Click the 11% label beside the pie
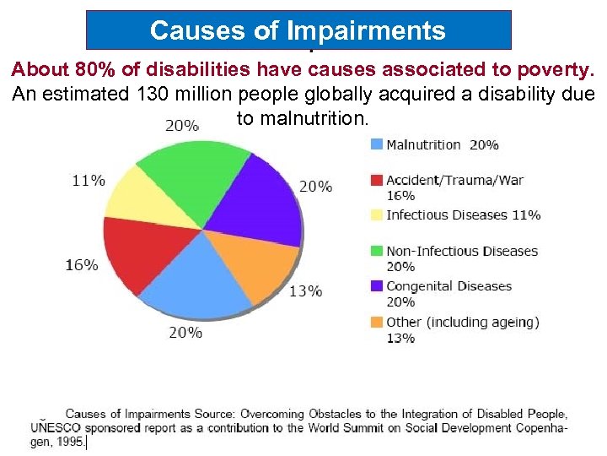(89, 180)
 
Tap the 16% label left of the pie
(81, 264)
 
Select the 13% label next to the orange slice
(305, 291)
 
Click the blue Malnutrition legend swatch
(377, 144)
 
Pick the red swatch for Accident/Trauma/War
(377, 180)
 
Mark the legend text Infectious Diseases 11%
(463, 214)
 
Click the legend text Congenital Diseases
(449, 286)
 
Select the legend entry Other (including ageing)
(462, 322)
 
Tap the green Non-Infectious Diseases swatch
(377, 251)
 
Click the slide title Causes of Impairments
(298, 31)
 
